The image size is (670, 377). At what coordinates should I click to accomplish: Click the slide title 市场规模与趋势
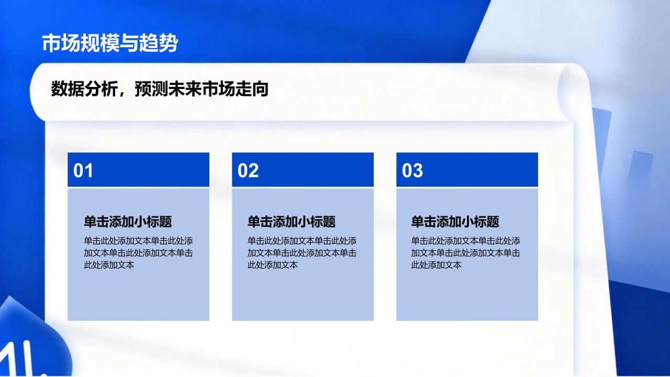[110, 43]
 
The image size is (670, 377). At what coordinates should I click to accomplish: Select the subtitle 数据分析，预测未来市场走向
[160, 89]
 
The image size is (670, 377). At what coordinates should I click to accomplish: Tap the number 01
[83, 171]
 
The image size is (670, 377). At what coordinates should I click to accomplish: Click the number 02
[248, 171]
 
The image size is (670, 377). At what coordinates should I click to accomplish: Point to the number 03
[412, 171]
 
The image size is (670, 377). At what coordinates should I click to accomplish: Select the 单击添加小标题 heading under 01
[128, 221]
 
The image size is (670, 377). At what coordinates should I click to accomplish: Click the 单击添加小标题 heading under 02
[292, 221]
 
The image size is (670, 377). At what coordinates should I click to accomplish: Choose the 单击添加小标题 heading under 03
[455, 221]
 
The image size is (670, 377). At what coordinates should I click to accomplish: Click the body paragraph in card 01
[138, 253]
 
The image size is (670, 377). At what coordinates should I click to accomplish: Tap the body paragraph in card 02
[302, 253]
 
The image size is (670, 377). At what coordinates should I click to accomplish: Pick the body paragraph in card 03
[466, 253]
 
